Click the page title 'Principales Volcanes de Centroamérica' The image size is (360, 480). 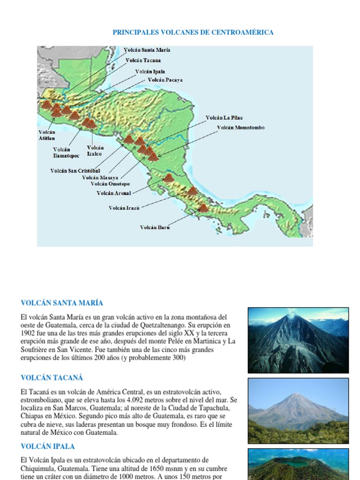(x=193, y=32)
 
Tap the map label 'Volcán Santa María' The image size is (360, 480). (x=147, y=50)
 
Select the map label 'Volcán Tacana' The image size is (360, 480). (x=143, y=60)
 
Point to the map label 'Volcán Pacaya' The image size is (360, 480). (x=165, y=80)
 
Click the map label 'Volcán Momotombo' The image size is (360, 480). (x=240, y=127)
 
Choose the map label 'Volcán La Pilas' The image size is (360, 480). (x=224, y=118)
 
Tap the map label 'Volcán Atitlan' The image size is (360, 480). (x=46, y=135)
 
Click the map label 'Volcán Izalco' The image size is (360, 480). (x=95, y=150)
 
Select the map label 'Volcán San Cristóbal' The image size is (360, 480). (x=75, y=171)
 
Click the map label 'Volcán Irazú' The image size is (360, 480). (x=124, y=208)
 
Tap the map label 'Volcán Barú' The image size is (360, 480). (x=155, y=227)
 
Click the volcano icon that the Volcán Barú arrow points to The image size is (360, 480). (x=203, y=208)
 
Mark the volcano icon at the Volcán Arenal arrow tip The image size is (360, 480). (x=168, y=178)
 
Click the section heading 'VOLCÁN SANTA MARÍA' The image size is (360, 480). (x=62, y=303)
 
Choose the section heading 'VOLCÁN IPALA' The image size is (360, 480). (x=47, y=446)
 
